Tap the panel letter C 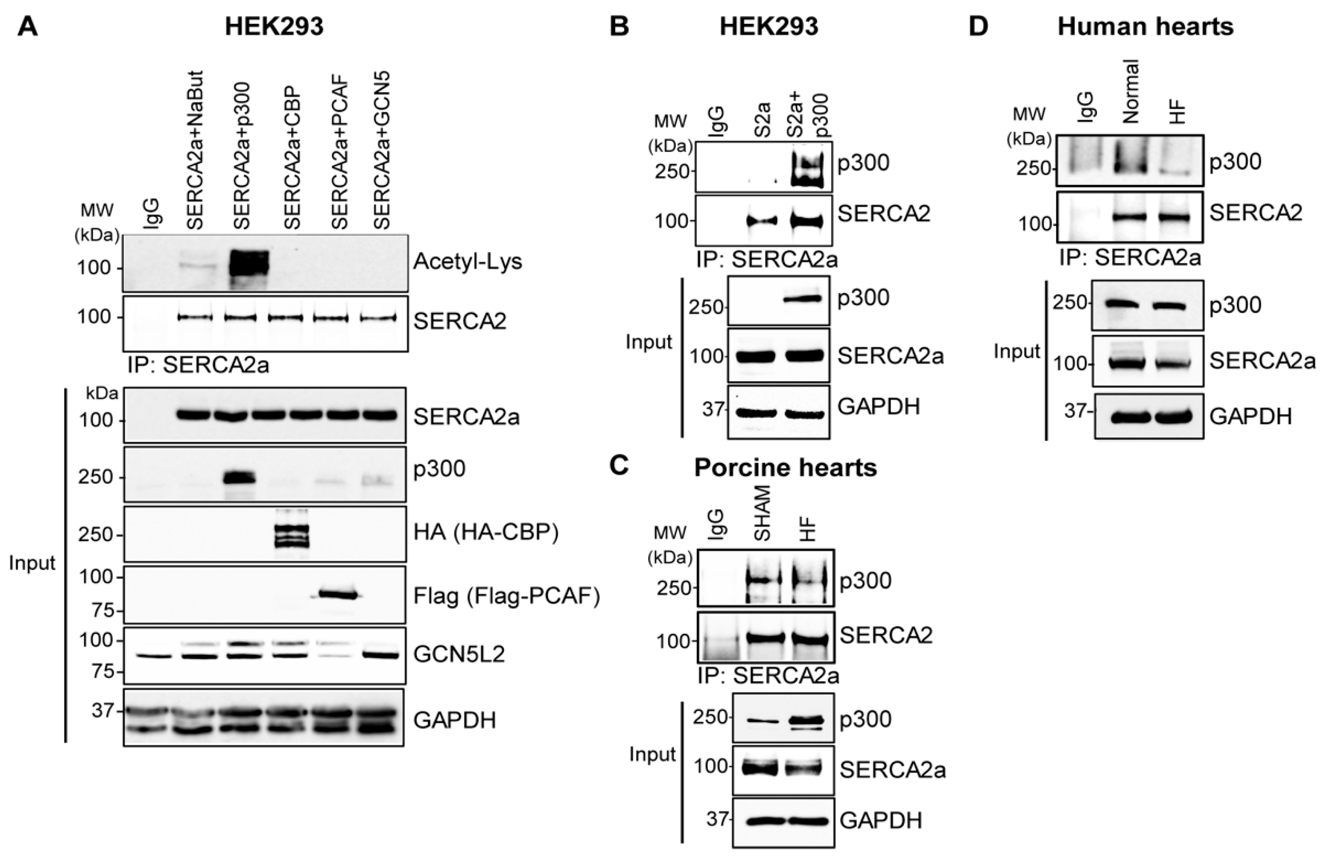click(619, 466)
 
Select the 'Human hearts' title click(1145, 27)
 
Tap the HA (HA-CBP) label click(486, 533)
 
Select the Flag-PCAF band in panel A click(336, 595)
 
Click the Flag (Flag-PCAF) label click(506, 596)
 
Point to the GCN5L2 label click(459, 654)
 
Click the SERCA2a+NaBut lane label click(196, 150)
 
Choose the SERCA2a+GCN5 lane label click(382, 150)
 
